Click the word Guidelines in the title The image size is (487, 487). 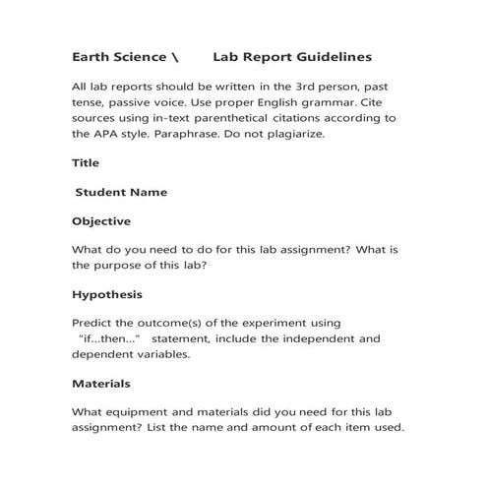pos(333,58)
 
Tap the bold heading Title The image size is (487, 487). pos(86,162)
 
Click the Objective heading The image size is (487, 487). pos(101,221)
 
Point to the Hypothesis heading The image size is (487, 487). pos(107,294)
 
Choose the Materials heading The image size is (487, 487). pos(101,383)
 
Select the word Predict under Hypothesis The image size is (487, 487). pos(94,322)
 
